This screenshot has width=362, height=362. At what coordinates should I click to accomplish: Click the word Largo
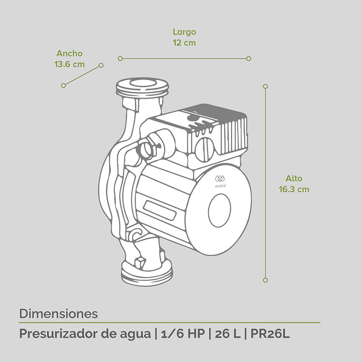tap(185, 32)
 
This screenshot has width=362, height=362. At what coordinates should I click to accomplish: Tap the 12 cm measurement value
tap(185, 43)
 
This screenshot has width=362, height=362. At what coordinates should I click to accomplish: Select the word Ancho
tap(70, 53)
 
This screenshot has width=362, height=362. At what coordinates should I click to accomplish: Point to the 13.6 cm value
tap(70, 65)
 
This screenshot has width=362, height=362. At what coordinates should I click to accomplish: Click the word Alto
tap(294, 178)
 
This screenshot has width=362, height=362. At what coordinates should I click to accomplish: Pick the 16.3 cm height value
tap(294, 189)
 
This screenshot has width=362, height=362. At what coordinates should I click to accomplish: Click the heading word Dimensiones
tap(58, 313)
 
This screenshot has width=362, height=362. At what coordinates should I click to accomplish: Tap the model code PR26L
tap(270, 334)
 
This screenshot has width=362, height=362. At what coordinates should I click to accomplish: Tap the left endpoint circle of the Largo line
tap(120, 58)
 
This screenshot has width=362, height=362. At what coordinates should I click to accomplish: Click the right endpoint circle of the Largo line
tap(249, 58)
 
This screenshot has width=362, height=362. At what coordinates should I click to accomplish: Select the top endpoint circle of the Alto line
tap(265, 86)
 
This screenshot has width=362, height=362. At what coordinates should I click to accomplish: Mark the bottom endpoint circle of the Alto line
tap(265, 280)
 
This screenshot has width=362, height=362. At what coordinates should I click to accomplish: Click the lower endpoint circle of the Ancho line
tap(64, 85)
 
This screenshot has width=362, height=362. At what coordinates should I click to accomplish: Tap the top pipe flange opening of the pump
tap(142, 84)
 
